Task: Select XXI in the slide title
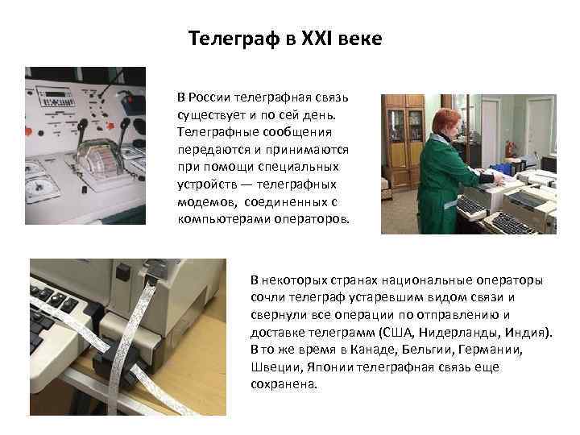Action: [x=317, y=38]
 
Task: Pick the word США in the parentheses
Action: [x=398, y=332]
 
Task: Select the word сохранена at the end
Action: [x=284, y=384]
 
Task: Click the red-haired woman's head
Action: [x=447, y=122]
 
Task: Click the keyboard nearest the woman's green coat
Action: [x=471, y=205]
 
